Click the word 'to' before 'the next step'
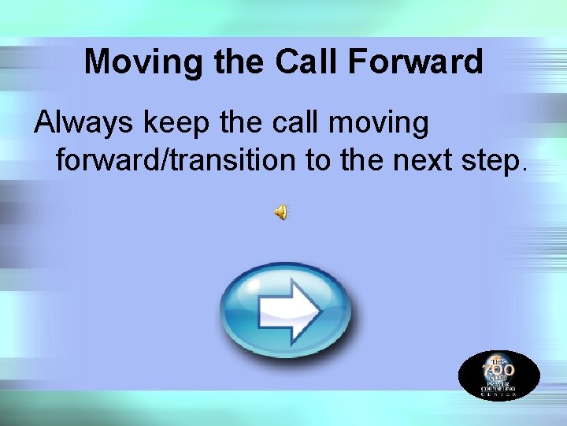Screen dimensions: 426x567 click(320, 161)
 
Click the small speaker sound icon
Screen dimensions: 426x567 click(281, 211)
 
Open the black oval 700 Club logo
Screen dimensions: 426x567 click(498, 375)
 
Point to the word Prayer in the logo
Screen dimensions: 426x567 click(498, 383)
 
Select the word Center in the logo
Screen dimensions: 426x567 click(498, 394)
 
